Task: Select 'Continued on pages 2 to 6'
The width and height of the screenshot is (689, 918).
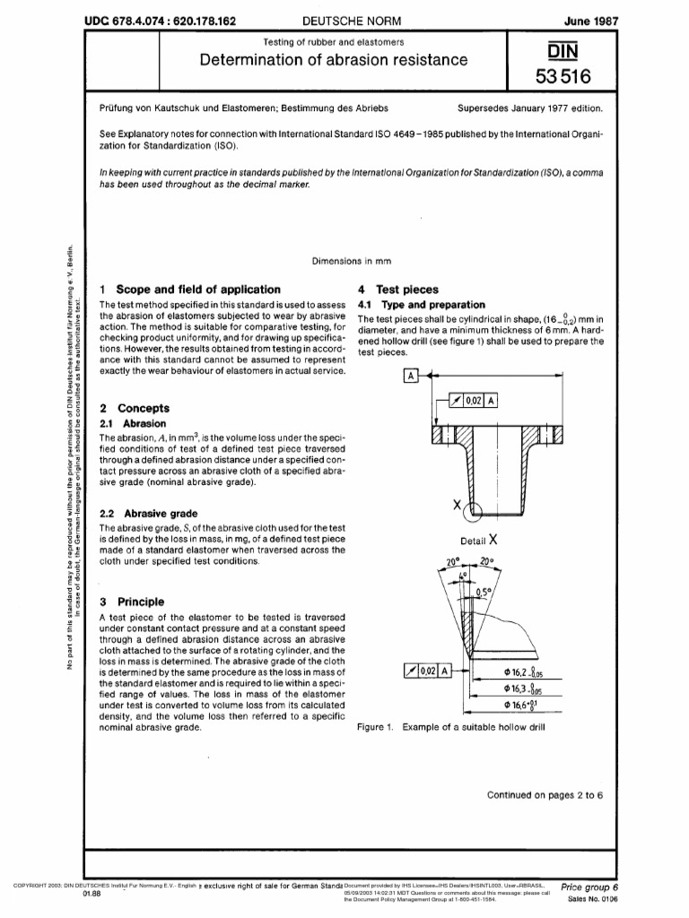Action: [x=545, y=794]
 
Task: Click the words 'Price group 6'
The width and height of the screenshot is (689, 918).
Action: [x=589, y=888]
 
